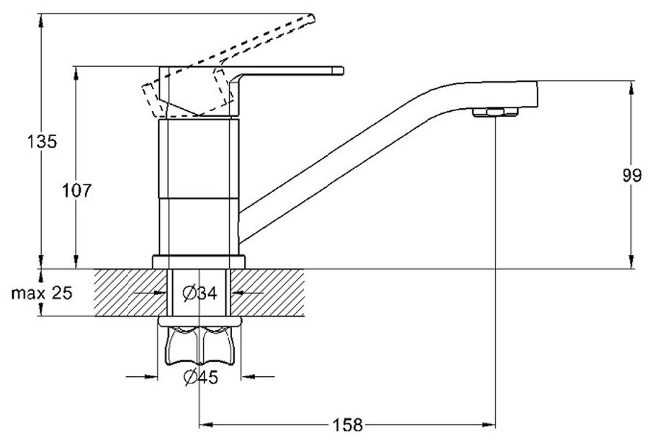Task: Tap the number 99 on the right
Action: [x=632, y=177]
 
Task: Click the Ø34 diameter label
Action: [x=200, y=293]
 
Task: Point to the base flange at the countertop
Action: [x=199, y=261]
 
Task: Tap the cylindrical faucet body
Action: [x=199, y=187]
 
